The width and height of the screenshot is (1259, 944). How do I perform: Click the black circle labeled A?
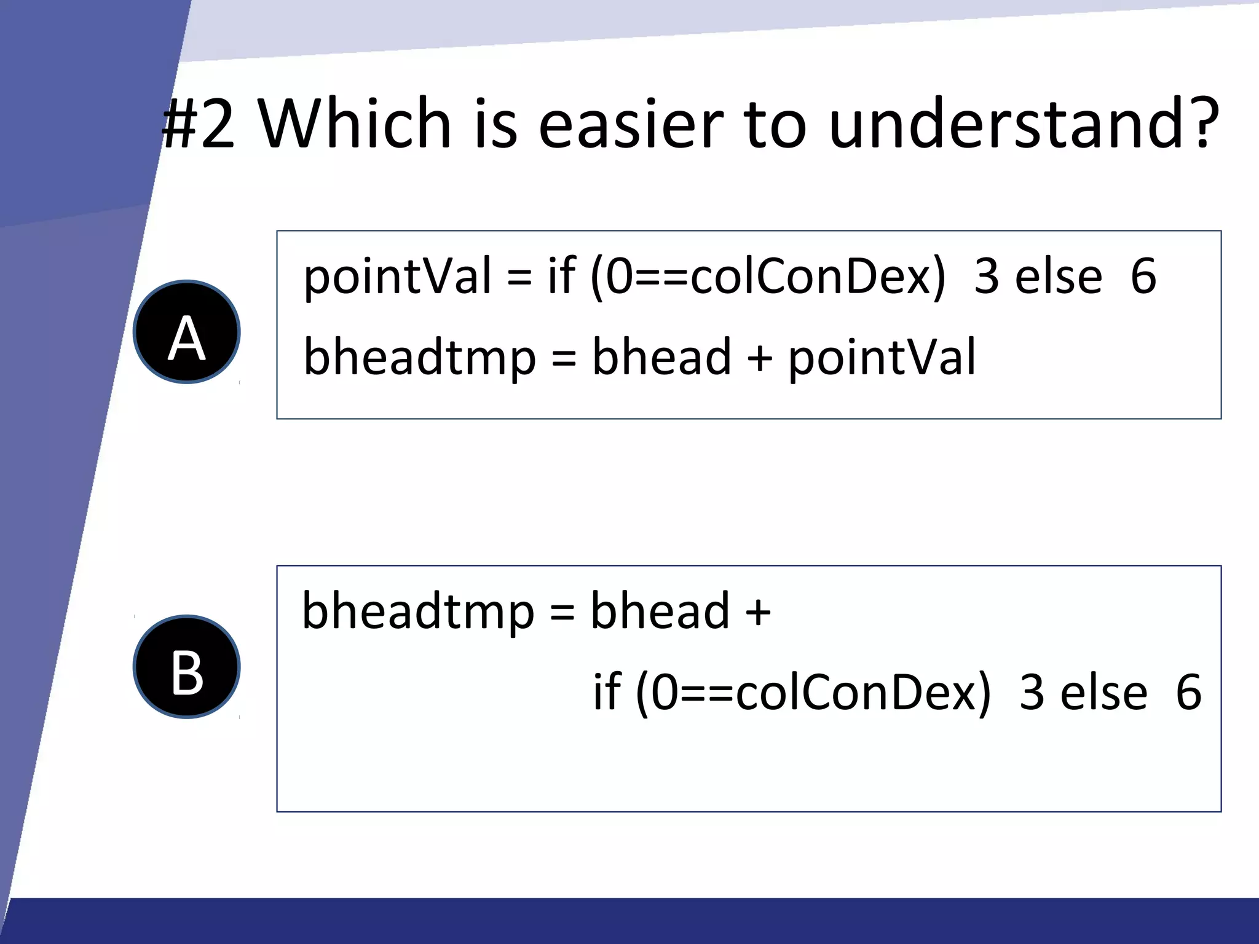[187, 332]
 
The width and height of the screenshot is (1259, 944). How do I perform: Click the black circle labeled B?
[187, 667]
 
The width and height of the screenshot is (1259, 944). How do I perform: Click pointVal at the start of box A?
[397, 277]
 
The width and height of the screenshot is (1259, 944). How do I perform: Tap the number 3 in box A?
[987, 277]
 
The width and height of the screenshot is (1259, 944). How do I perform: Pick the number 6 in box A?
[1143, 277]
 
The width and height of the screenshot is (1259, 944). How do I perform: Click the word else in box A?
[1059, 277]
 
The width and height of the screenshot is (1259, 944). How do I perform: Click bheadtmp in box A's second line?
[419, 358]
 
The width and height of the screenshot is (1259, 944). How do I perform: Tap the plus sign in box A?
[760, 358]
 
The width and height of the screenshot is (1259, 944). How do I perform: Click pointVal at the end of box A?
[882, 358]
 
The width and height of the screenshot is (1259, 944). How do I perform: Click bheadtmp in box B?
[418, 612]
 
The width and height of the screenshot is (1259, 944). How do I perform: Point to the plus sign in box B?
[758, 612]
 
